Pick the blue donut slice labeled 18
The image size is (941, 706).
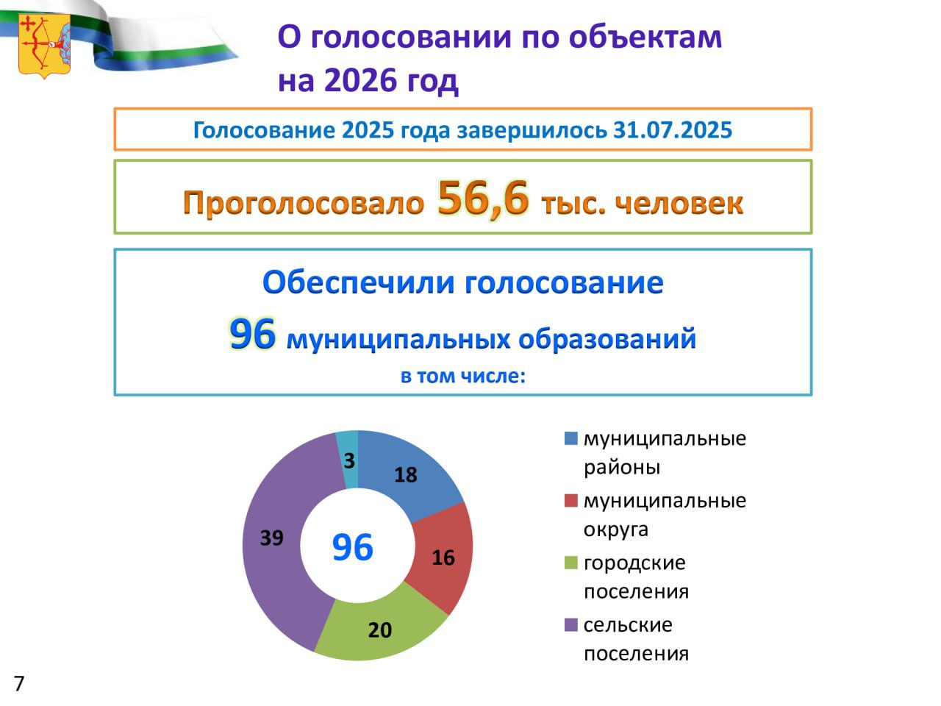407,471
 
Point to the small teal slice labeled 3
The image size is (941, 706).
348,460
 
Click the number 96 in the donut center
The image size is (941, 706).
353,547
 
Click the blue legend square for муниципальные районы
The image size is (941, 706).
571,438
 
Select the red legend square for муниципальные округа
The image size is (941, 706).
571,501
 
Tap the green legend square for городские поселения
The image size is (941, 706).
571,563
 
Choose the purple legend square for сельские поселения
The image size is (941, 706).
571,624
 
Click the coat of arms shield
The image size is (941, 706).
45,46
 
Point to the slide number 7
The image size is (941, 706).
19,683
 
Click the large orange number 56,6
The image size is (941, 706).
483,199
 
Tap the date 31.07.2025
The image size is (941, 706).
673,130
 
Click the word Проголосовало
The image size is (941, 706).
304,203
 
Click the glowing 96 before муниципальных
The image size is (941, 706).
252,335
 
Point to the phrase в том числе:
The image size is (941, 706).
463,376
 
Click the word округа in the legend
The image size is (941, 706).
615,529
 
